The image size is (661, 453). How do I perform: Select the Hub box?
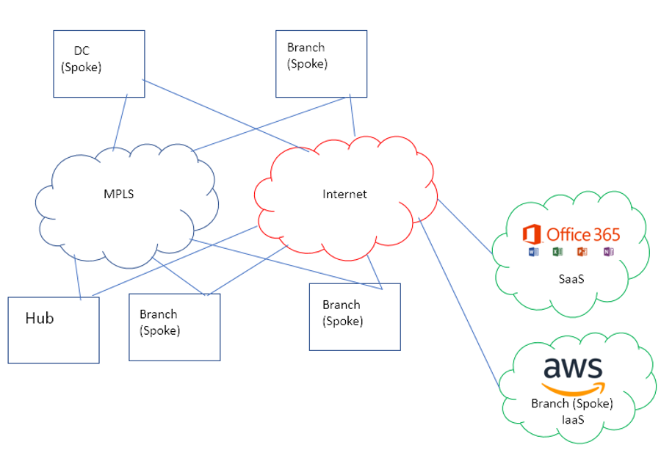(54, 330)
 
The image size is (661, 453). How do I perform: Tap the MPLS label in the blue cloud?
(119, 195)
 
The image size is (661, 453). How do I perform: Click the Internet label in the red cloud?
(344, 195)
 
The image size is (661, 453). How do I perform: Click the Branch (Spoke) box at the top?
(321, 63)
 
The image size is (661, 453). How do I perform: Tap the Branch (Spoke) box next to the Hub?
(174, 327)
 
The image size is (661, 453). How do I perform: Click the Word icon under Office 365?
(534, 253)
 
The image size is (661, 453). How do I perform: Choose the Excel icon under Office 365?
(557, 253)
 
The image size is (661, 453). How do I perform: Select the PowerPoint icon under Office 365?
(582, 253)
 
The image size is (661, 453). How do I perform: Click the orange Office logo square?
(532, 235)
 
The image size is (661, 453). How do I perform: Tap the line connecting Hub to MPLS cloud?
(76, 279)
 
